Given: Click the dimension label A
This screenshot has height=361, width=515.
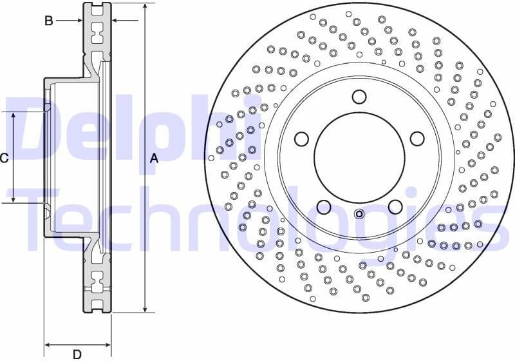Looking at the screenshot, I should click(154, 159).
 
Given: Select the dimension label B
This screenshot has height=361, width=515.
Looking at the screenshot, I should click(48, 21).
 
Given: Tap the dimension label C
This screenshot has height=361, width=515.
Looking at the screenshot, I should click(5, 158).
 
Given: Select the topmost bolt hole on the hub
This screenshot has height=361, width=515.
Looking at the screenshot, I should click(359, 97).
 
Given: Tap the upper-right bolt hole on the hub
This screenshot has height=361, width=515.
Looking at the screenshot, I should click(417, 139).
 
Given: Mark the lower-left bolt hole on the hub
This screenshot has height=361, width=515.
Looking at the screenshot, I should click(324, 207).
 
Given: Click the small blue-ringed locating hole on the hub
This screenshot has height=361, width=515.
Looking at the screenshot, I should click(359, 215).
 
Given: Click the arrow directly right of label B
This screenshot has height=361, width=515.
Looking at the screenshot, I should click(77, 21).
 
